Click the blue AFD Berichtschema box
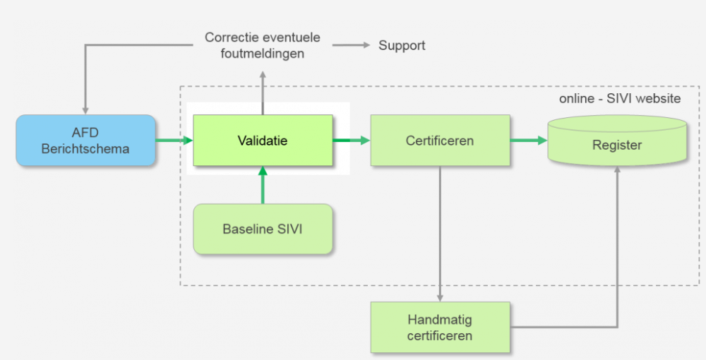(x=85, y=140)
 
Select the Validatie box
(x=263, y=140)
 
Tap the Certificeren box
(x=440, y=140)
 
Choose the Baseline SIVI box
(x=263, y=229)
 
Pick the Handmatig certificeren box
(x=440, y=327)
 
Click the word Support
(x=402, y=45)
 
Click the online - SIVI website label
(x=620, y=99)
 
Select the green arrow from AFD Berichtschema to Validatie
(x=174, y=140)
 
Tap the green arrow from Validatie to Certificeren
(x=352, y=140)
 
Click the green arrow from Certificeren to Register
(x=529, y=140)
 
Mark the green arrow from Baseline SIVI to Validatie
(x=263, y=185)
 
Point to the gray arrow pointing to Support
(x=352, y=45)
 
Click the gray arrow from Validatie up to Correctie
(x=263, y=92)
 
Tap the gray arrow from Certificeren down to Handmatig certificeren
(x=440, y=233)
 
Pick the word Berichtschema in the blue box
(x=85, y=148)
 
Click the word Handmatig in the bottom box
(x=440, y=320)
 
